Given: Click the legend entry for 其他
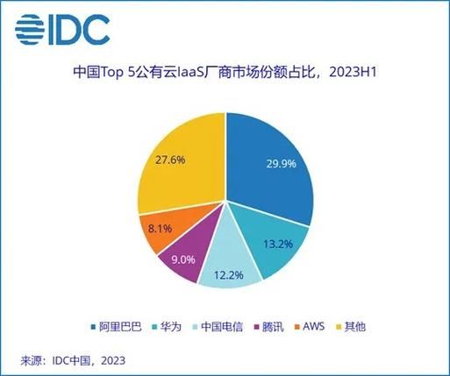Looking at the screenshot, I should pyautogui.click(x=349, y=327).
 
